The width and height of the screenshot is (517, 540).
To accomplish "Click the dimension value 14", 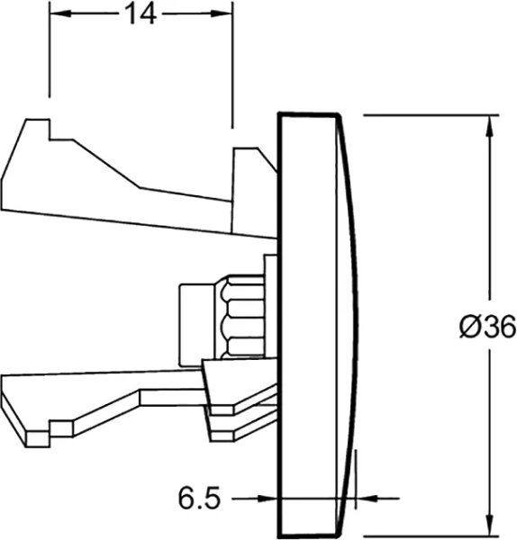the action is tap(141, 14).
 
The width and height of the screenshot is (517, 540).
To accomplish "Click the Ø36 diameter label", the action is tap(487, 327).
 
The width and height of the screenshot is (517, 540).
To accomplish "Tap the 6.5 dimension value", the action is tap(199, 498).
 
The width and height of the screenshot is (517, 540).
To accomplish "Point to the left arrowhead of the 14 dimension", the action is tap(60, 13).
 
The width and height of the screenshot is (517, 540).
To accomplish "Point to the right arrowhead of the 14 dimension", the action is tap(222, 13).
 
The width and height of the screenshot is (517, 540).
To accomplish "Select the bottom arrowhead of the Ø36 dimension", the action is tap(490, 525).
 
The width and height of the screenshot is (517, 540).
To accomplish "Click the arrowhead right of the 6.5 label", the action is tap(268, 498).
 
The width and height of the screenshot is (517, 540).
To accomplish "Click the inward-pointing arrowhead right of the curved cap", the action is tap(367, 498).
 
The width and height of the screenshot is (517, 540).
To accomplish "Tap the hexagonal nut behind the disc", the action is tap(240, 316).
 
